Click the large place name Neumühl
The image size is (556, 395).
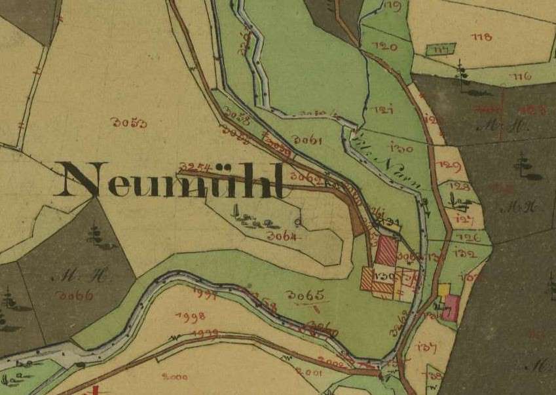(x=174, y=179)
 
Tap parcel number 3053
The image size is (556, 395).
(x=129, y=122)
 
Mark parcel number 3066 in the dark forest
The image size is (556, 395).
(x=75, y=295)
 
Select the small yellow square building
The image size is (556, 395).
(x=445, y=289)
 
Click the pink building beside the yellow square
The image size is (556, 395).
(x=450, y=307)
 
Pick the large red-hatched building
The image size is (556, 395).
(x=386, y=251)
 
